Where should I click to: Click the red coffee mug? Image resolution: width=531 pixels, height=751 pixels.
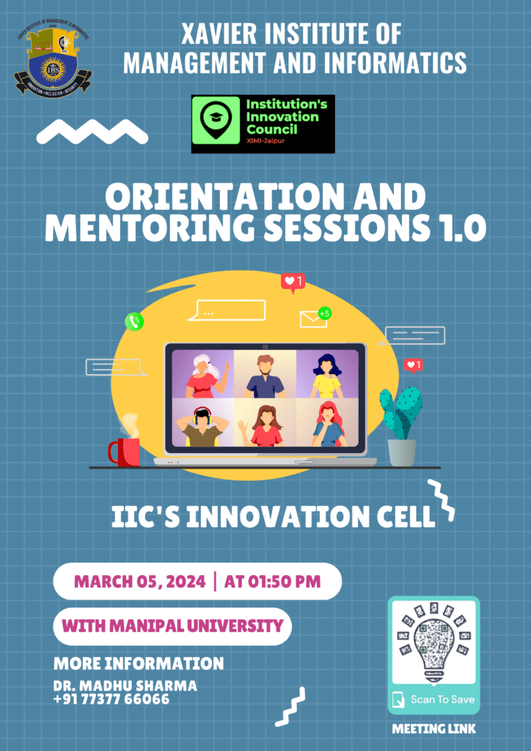tap(125, 450)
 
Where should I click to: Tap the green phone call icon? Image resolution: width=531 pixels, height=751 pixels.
tap(134, 321)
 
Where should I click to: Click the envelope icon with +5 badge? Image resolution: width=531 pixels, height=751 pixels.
tap(315, 318)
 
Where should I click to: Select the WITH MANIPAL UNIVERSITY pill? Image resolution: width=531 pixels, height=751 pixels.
tap(172, 626)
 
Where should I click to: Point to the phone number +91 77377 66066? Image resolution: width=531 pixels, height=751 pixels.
tap(111, 699)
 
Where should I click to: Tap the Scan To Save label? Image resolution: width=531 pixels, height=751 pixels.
tap(442, 699)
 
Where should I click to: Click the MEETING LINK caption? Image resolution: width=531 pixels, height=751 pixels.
tap(433, 729)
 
